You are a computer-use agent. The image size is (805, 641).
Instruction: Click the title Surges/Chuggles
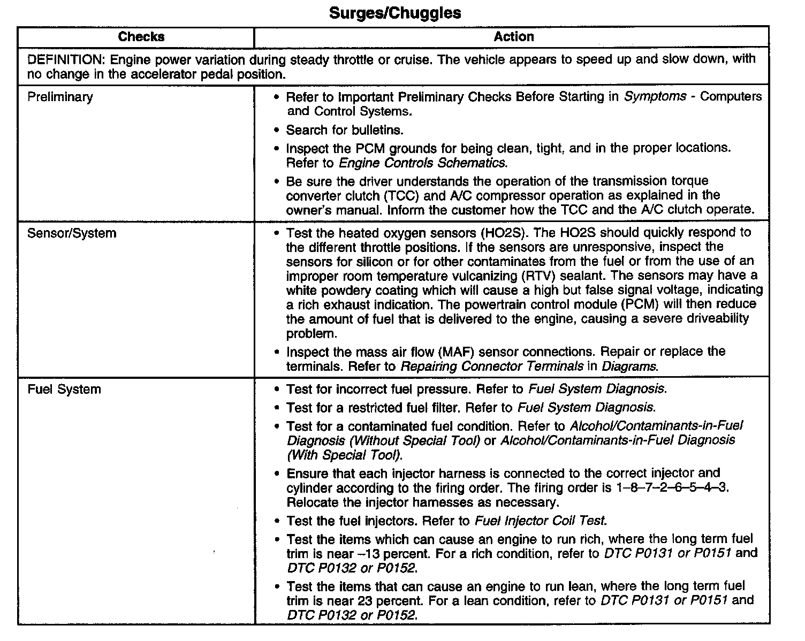point(395,13)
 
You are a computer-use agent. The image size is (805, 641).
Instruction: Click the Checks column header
point(141,37)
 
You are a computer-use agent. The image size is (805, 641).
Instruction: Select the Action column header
point(513,37)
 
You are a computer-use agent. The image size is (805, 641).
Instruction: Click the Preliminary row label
point(60,97)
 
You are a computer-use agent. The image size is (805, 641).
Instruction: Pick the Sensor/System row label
point(71,233)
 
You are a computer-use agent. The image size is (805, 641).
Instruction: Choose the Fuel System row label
point(64,389)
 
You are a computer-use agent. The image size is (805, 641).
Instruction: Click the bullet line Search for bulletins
point(345,130)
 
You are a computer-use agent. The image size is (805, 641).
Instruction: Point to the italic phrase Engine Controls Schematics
point(422,163)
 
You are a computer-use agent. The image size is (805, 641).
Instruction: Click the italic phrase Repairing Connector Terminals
point(492,367)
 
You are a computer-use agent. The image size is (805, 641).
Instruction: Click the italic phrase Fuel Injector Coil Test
point(541,521)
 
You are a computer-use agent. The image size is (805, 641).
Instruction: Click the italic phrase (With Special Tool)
point(345,456)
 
